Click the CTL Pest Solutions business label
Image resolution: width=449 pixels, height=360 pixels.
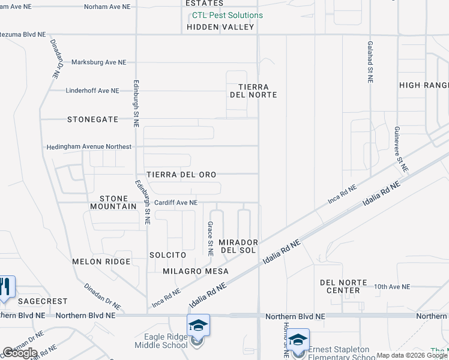[x=228, y=16]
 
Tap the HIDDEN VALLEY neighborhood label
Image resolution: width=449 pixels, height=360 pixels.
[x=220, y=27]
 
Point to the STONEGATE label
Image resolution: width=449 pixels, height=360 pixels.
[x=92, y=119]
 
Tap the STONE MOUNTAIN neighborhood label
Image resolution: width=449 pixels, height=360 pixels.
[x=113, y=202]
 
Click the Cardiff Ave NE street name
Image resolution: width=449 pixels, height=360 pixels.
[x=176, y=203]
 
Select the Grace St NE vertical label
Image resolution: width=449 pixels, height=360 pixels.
[x=210, y=239]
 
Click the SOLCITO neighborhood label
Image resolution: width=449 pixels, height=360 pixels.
[x=167, y=255]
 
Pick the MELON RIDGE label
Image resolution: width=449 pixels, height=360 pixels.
[x=101, y=262]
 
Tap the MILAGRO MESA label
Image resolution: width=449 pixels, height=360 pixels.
[x=196, y=271]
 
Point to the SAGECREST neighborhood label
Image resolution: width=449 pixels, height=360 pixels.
[x=42, y=301]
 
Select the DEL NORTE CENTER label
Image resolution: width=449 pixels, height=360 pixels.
[x=340, y=286]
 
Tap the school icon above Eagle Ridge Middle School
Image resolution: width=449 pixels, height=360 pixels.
[x=198, y=326]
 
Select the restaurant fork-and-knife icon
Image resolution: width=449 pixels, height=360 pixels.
[x=5, y=287]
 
